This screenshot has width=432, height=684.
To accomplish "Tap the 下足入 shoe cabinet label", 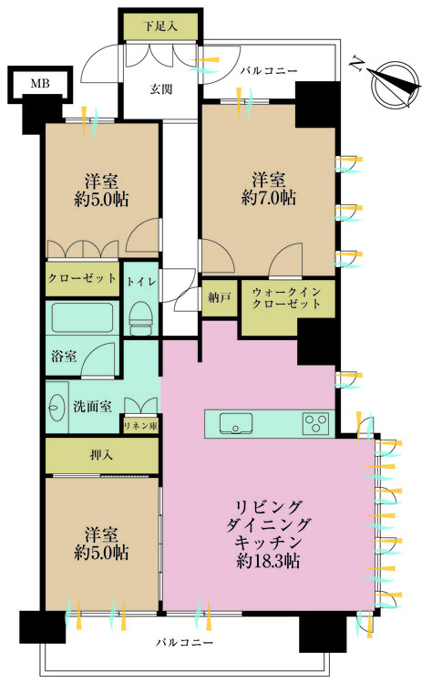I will point(160,26).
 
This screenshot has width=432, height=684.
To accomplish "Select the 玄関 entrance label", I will point(162,88).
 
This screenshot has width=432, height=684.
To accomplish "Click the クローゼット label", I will point(81,277).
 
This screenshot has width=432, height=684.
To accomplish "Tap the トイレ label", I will point(141,282).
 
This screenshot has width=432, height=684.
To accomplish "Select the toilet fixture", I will point(141,316).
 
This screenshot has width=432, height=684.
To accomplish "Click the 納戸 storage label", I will point(220,297).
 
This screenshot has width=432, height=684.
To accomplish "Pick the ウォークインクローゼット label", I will point(287,297).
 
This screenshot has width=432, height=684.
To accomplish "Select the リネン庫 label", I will point(140,426).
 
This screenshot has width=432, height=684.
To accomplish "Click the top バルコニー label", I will point(268,70).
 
